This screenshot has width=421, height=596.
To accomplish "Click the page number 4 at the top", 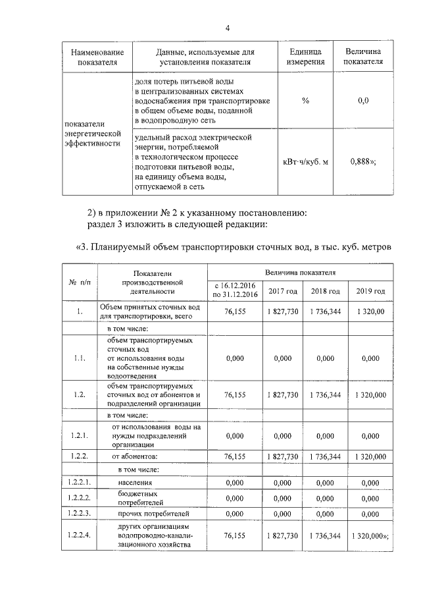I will point(228,28).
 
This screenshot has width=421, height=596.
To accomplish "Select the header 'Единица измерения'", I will point(305,57).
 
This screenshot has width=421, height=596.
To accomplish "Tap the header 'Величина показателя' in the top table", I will point(362,57).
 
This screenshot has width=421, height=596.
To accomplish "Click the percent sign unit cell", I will point(305,100).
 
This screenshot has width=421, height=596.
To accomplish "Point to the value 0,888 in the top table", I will point(363,161).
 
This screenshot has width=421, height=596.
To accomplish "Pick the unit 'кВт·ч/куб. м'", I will point(305,161).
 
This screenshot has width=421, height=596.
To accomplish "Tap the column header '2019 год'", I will point(370,290).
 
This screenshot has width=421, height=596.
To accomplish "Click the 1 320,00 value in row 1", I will point(370,311).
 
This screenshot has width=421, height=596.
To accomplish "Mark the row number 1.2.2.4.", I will point(79,536).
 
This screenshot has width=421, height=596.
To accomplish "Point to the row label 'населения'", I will point(136,483).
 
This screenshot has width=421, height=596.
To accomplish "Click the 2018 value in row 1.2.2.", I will point(325,456).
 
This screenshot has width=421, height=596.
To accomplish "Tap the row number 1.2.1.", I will point(79,435).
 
